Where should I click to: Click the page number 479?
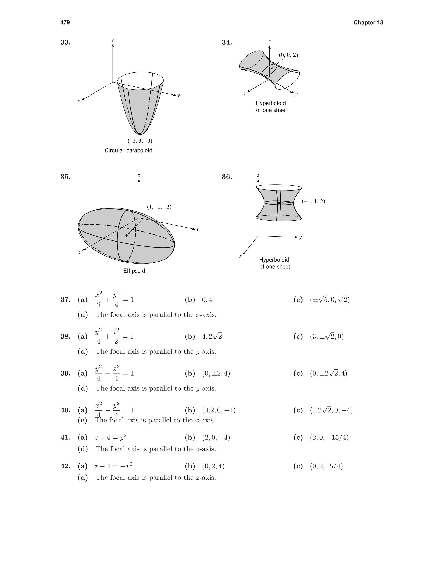pos(65,22)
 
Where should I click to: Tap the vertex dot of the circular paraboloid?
pos(140,134)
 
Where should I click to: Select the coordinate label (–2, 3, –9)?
pos(140,141)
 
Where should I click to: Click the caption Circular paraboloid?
pos(128,151)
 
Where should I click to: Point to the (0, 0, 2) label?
pos(288,55)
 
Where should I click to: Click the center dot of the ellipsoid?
pos(126,235)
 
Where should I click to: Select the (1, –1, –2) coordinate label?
pos(159,207)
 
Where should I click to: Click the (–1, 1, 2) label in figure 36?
pos(313,202)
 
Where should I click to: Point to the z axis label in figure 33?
pos(113,40)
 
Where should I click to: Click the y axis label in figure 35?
pos(198,230)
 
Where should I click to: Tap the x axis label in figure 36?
pos(241,256)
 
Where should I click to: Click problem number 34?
pos(227,42)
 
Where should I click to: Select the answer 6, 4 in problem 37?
pos(207,300)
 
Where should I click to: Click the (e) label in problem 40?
pos(82,420)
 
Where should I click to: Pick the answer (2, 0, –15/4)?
pos(329,438)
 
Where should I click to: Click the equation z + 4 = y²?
pos(110,438)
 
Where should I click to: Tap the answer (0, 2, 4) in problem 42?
pos(213,466)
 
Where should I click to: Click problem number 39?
pos(65,373)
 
